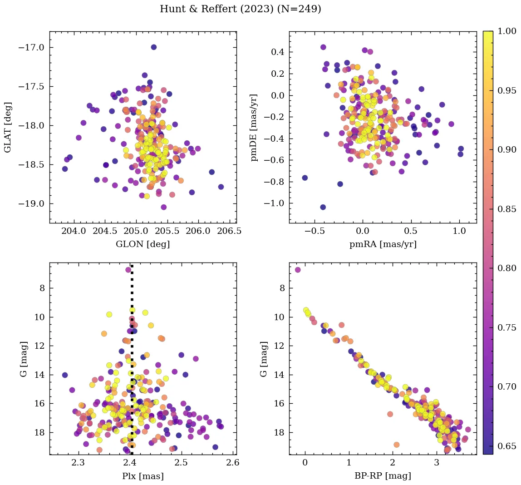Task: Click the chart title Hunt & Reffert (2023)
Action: [241, 9]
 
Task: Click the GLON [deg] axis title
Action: [143, 244]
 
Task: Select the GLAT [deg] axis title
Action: [8, 127]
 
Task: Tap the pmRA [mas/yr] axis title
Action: [383, 244]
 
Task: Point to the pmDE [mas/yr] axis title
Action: [254, 127]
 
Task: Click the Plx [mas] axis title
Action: [143, 476]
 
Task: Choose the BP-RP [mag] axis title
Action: [383, 476]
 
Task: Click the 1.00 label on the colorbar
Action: [506, 31]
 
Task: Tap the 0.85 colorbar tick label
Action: [506, 209]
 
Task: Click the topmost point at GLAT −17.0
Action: [153, 47]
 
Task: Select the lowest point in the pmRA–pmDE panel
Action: [323, 207]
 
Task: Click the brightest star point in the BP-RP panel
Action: [298, 270]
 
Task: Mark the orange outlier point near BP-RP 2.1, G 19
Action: [396, 445]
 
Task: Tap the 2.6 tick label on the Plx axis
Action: [233, 463]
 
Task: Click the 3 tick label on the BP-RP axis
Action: [437, 463]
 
